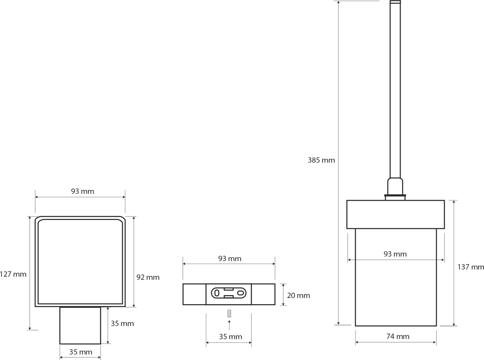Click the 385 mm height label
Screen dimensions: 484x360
pos(321,160)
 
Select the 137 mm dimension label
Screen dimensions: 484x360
pos(471,267)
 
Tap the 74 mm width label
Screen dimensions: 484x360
pos(398,336)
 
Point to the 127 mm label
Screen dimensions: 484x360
pos(13,274)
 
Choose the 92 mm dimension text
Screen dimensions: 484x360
pos(148,277)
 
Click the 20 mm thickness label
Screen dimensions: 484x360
pos(298,295)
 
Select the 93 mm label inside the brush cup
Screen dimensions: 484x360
pos(395,254)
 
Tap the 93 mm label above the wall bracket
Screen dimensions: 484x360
pos(229,259)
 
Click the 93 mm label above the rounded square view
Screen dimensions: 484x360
pos(83,191)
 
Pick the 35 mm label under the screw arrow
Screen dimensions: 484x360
pos(230,337)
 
